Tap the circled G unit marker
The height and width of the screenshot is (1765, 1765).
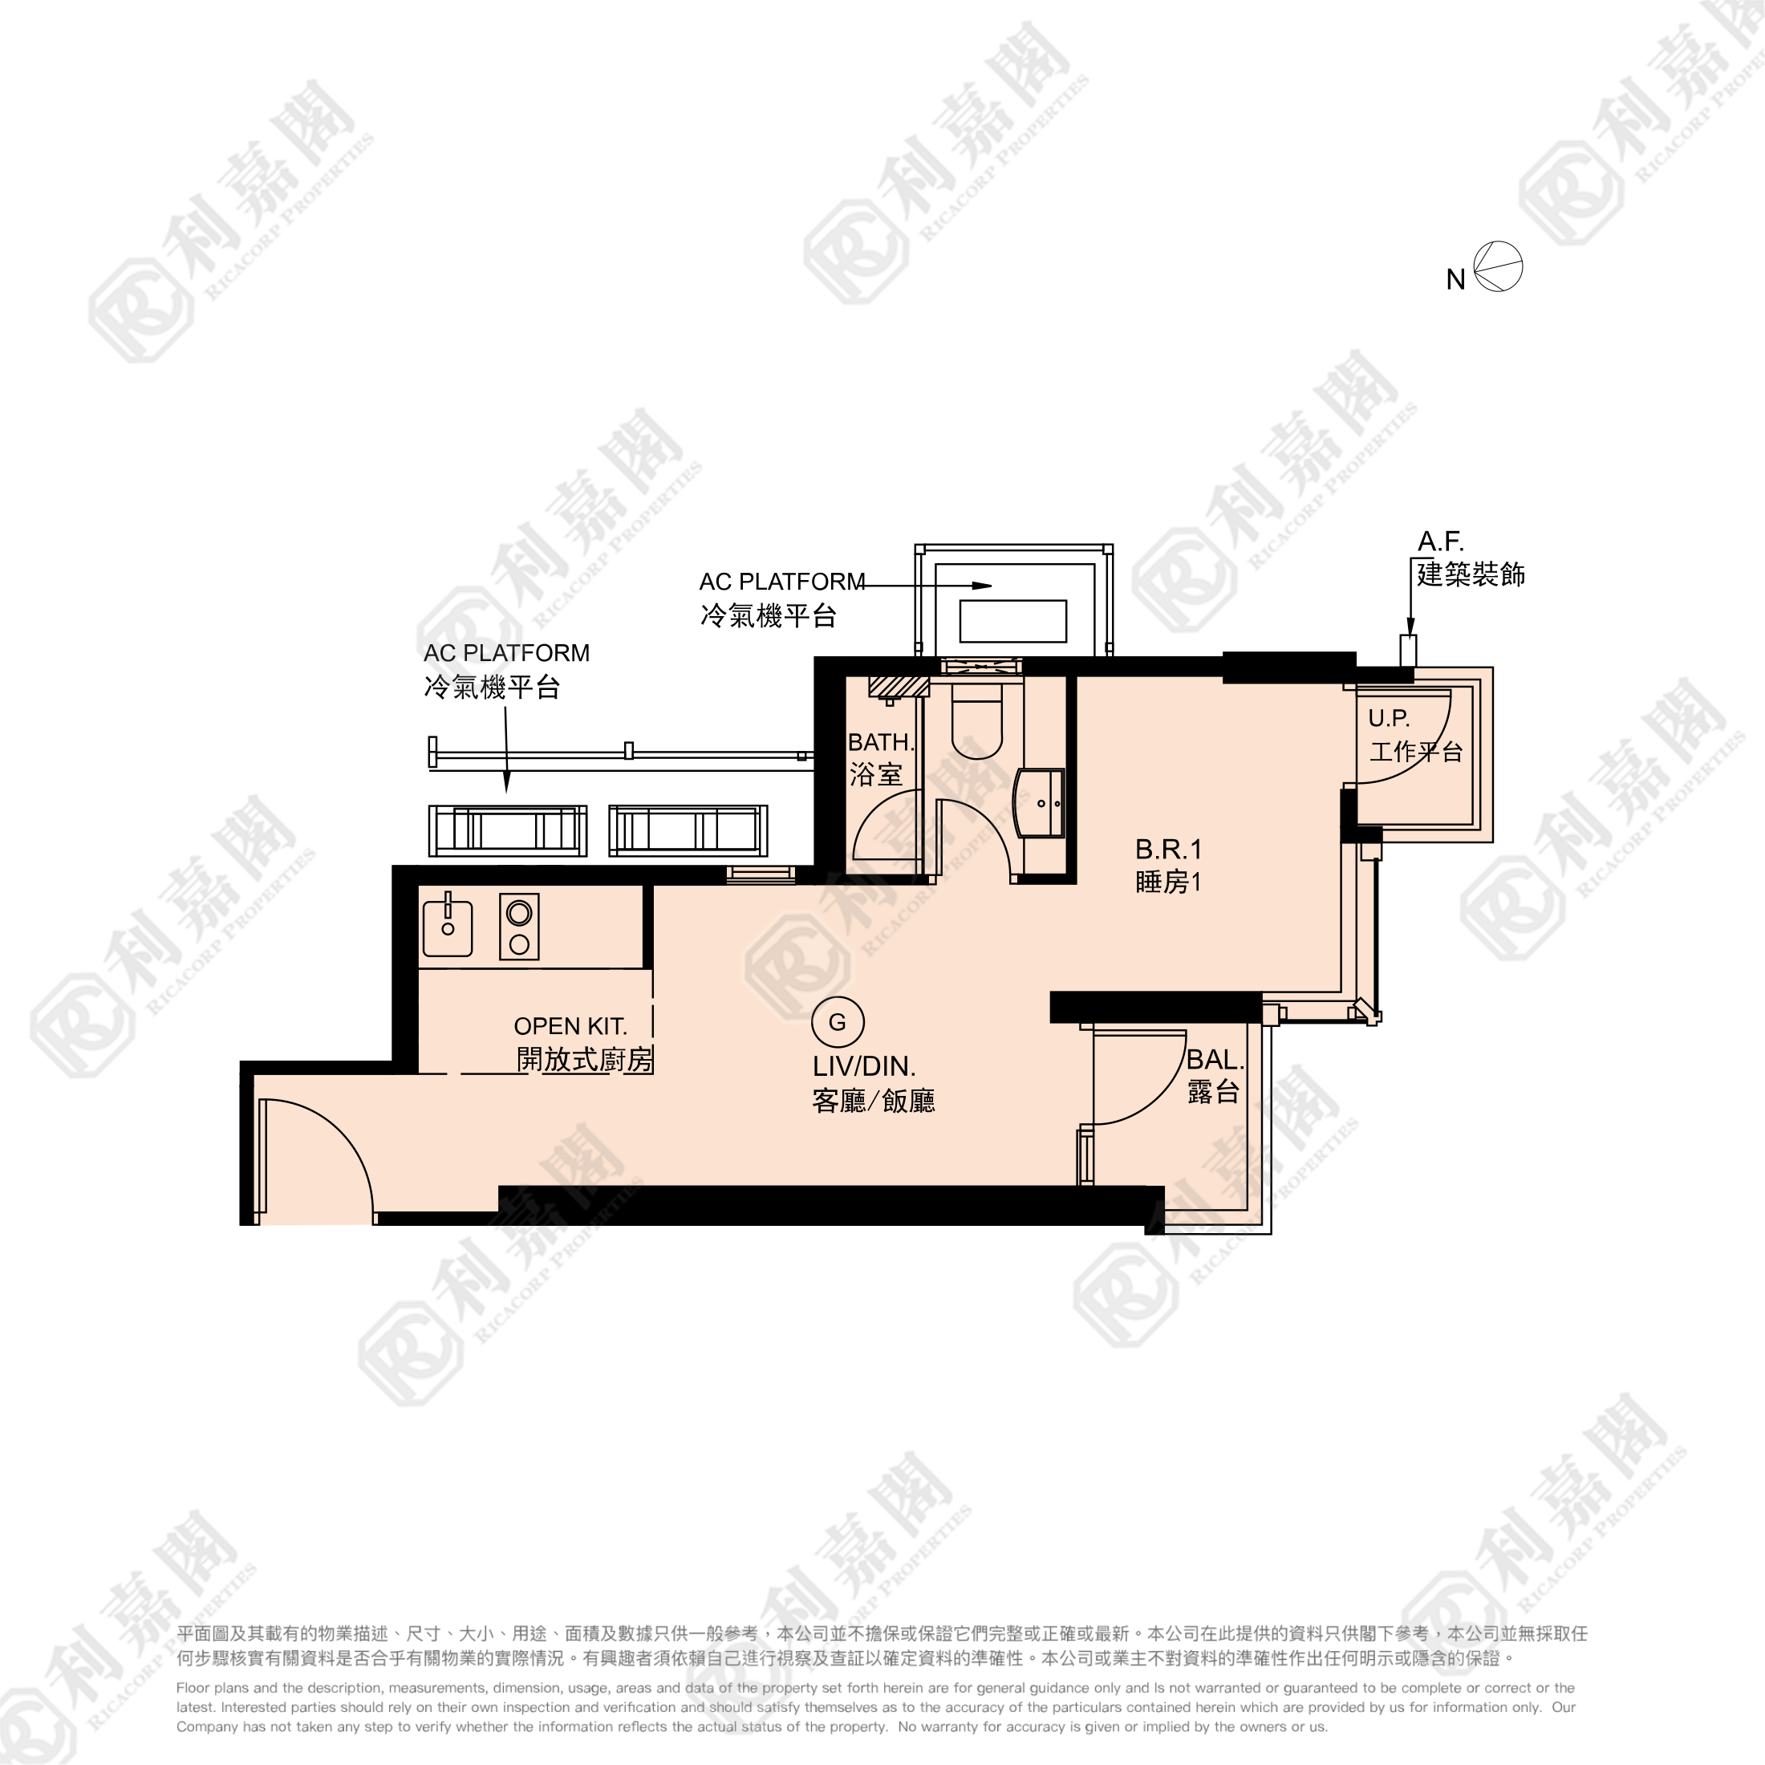point(837,1022)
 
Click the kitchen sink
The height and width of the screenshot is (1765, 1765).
point(448,928)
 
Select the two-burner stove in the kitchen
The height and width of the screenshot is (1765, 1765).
point(519,927)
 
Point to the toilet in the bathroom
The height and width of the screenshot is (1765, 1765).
point(976,722)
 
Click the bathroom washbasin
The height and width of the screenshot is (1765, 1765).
point(1041,802)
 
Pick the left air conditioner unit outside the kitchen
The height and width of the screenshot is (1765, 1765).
point(507,830)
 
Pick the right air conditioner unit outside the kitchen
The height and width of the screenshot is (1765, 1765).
point(688,830)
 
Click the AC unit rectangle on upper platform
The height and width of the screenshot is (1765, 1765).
point(1012,621)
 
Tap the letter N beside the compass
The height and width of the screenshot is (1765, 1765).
point(1455,279)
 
